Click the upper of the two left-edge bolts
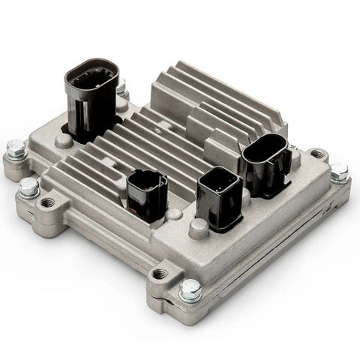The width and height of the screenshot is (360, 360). click(13, 150)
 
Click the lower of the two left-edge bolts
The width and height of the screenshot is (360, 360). click(28, 187)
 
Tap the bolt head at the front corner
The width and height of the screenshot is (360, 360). click(190, 289)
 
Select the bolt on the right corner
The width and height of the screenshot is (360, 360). click(339, 172)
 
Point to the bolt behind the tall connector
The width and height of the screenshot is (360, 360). click(121, 88)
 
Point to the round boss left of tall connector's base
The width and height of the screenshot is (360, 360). click(60, 139)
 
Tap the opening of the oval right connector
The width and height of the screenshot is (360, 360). click(266, 150)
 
